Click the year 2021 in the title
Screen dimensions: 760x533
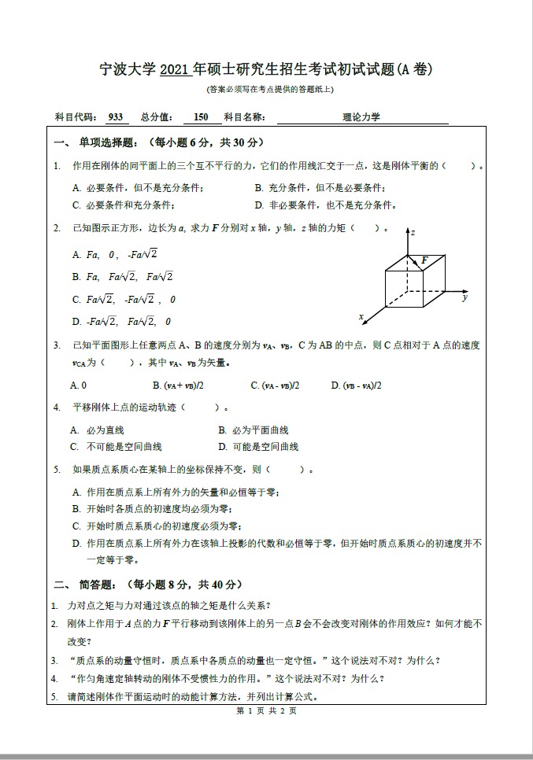175,70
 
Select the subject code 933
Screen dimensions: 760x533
115,117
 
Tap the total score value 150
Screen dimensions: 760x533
201,117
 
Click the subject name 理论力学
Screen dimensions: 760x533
361,117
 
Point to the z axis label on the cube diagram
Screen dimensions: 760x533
413,233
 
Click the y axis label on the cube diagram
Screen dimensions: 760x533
465,297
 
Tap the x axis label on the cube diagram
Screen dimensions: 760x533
361,317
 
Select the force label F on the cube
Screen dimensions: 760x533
424,260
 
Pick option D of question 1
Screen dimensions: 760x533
324,205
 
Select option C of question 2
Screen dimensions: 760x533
123,299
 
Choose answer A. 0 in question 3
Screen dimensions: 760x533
79,386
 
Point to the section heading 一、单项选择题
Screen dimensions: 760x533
96,142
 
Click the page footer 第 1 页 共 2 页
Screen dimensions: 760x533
266,711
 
